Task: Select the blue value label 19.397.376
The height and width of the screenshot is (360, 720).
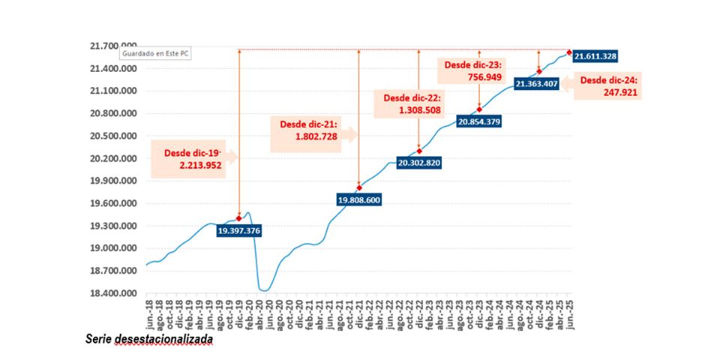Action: tap(238, 231)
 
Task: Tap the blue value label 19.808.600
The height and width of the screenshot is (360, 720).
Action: tap(360, 200)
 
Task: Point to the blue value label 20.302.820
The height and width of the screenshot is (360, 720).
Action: tap(419, 163)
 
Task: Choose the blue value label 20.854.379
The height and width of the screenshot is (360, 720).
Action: tap(480, 121)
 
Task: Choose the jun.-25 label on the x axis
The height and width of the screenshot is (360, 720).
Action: tap(569, 313)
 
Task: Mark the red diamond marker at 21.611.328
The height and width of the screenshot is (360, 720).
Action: tap(569, 52)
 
